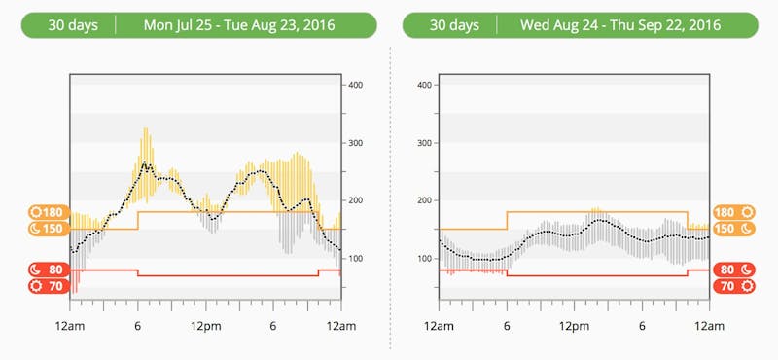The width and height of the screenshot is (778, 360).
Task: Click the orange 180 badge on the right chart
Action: pos(731,212)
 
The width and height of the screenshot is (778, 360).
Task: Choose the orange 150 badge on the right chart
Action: pos(731,229)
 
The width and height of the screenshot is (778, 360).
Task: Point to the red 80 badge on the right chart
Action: pos(731,270)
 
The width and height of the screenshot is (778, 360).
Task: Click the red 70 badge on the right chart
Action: pos(731,286)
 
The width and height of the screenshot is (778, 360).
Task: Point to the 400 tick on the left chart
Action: pos(356,86)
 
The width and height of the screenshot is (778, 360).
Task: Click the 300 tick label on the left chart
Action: pos(356,143)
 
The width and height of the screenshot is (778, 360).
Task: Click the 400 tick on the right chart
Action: pos(424,86)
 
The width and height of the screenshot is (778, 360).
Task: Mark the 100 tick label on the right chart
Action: pos(424,258)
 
